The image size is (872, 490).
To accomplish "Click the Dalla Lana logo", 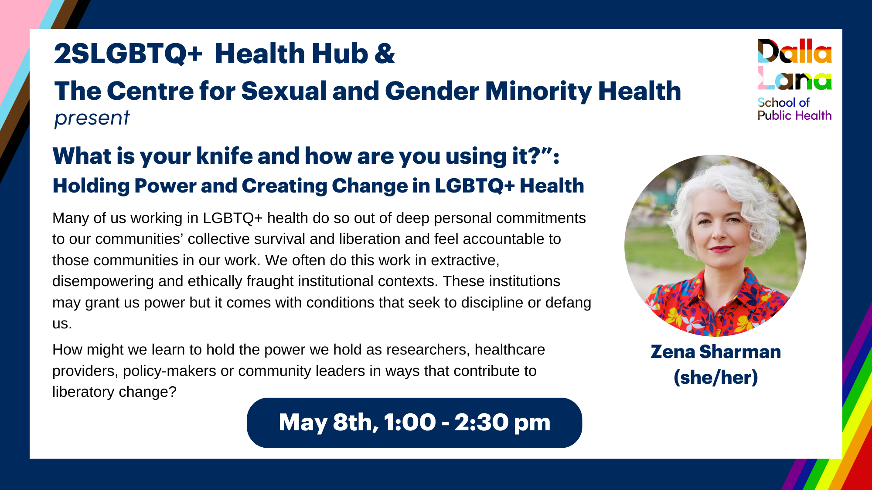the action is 794,79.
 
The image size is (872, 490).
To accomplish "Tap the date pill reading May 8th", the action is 414,422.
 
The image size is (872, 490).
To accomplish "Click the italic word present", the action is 92,118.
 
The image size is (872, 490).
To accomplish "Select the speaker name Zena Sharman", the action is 715,351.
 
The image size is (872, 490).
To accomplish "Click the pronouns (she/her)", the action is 715,377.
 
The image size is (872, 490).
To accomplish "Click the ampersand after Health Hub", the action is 385,54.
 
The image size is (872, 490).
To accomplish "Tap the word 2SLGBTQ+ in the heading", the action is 128,54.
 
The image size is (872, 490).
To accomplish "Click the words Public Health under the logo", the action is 794,115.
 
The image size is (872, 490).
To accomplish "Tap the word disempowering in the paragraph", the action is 103,282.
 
